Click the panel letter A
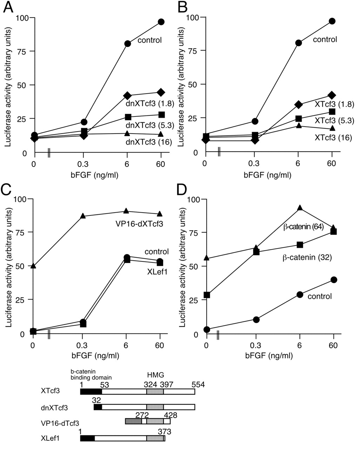8,7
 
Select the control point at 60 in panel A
161,22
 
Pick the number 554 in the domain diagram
198,385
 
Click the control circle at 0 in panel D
207,329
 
